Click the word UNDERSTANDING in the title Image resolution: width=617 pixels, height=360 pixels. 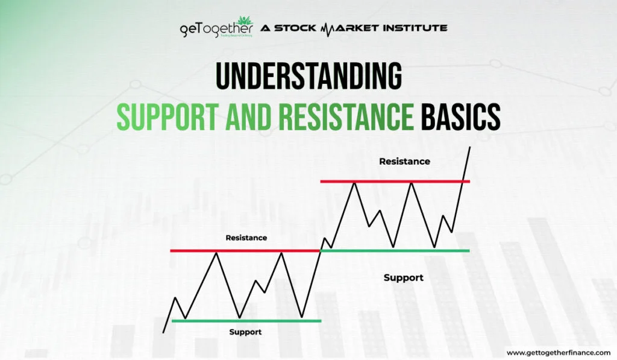[308, 78]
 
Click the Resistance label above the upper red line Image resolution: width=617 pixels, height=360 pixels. [404, 162]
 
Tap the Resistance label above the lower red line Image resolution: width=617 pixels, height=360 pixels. [246, 238]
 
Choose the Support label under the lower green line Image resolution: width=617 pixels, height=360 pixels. [246, 332]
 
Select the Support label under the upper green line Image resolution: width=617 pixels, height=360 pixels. [403, 277]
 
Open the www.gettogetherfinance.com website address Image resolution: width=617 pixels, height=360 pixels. [557, 352]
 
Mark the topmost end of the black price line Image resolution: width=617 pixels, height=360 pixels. [470, 147]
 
